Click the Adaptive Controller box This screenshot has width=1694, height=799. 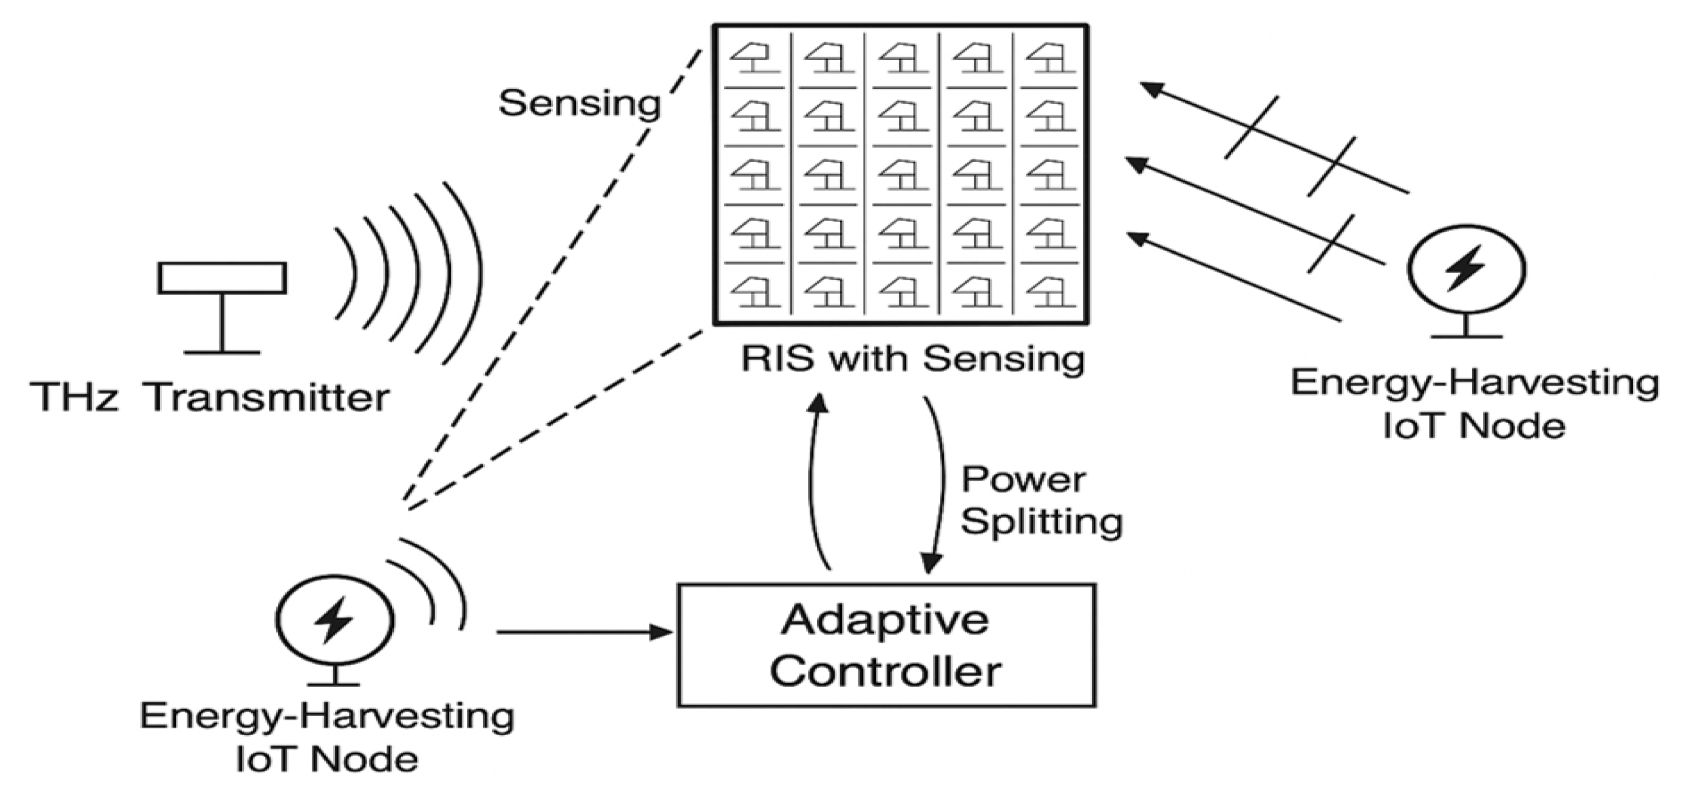886,645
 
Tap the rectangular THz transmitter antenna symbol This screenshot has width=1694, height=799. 222,278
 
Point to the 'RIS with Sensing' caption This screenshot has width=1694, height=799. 913,360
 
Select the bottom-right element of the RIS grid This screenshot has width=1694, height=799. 1050,293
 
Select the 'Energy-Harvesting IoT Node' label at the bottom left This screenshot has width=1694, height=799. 327,737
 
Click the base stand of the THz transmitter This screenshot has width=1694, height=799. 222,352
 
